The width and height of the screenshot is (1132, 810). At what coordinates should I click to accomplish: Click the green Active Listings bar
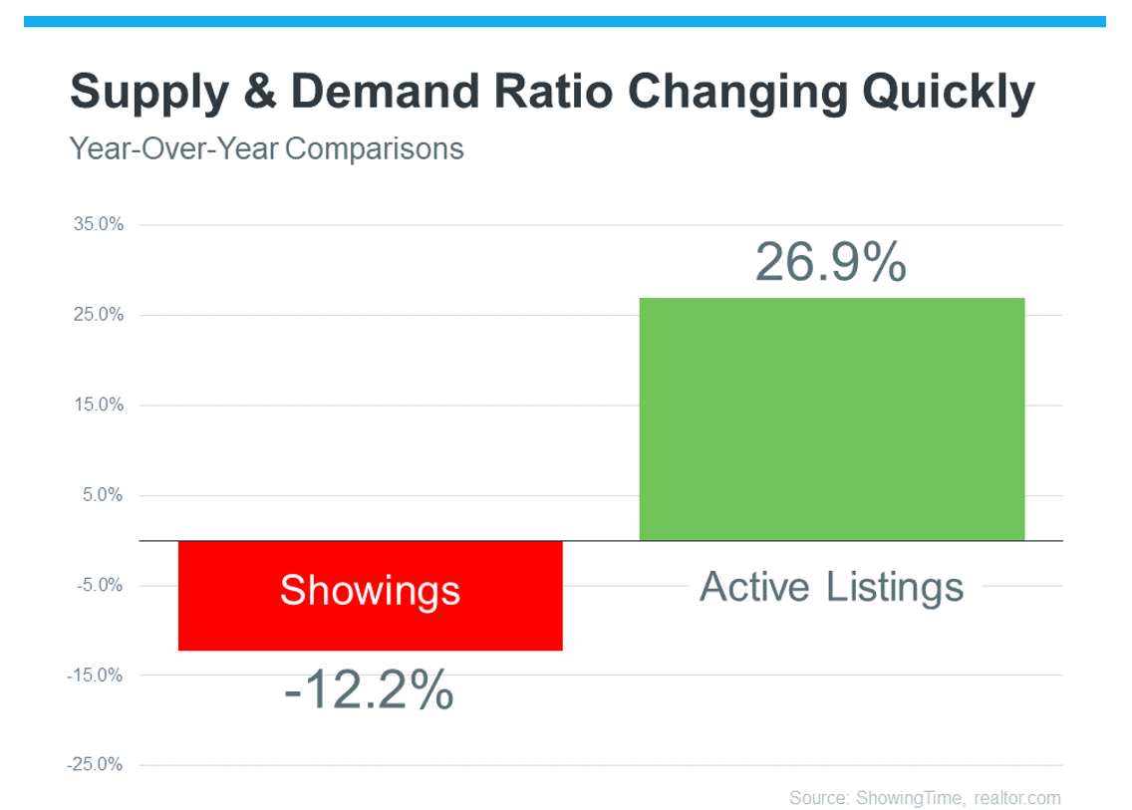[832, 418]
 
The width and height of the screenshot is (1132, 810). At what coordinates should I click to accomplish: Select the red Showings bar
[371, 596]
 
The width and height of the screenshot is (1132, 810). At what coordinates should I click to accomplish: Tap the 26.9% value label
[831, 261]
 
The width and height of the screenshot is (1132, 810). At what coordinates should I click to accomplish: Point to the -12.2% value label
[369, 689]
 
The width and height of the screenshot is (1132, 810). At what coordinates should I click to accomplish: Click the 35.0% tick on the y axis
[99, 224]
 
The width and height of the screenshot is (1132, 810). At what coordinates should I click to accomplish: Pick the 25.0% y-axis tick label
[99, 314]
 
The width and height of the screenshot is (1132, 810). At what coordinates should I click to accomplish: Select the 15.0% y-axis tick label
[99, 405]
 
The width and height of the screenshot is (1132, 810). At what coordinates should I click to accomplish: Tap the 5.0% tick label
[103, 494]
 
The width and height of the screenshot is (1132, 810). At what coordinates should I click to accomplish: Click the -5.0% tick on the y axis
[100, 585]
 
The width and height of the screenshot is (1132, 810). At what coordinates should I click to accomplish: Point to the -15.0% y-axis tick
[95, 675]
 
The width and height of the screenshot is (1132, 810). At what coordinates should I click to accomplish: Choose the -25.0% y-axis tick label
[95, 764]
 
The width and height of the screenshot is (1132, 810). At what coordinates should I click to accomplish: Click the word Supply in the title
[149, 93]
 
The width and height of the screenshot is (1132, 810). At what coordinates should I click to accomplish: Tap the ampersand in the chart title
[260, 91]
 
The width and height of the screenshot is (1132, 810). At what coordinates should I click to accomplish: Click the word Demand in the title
[385, 91]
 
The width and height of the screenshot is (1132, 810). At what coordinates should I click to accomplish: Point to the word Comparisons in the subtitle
[374, 149]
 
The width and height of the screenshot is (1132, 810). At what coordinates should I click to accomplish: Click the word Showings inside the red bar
[371, 591]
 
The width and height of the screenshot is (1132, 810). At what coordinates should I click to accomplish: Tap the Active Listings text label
[832, 587]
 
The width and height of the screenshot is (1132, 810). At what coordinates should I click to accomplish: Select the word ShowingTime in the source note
[909, 798]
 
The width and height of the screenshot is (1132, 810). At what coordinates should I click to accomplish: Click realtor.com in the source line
[1017, 798]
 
